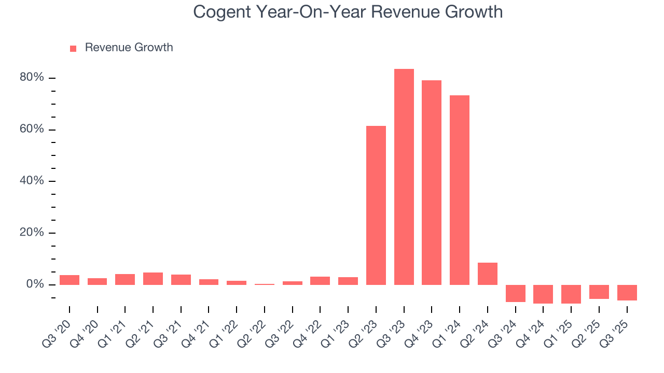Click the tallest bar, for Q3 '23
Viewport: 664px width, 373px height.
(404, 176)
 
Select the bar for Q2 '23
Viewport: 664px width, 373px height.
(376, 205)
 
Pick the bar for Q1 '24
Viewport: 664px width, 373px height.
(460, 190)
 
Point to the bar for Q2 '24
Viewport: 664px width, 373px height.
(488, 274)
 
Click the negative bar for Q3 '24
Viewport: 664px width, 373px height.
(515, 293)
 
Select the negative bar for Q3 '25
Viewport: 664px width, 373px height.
(627, 293)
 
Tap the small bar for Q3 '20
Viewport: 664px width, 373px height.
(70, 280)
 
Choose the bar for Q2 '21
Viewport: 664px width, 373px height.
(153, 279)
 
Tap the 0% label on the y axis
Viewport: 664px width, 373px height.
(35, 284)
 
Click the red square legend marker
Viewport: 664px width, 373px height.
(73, 48)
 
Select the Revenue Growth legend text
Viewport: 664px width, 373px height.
(129, 48)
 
